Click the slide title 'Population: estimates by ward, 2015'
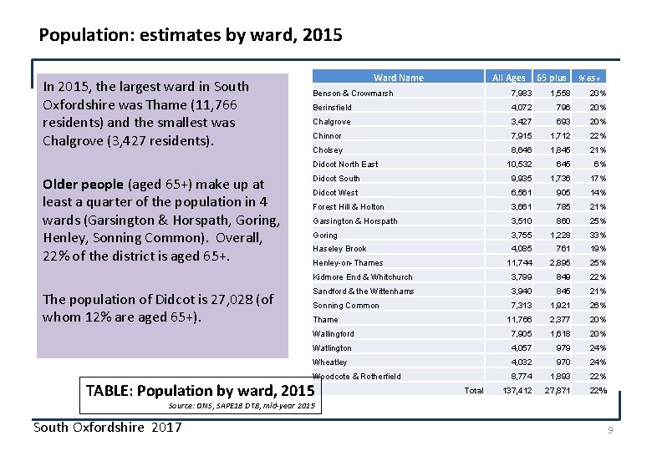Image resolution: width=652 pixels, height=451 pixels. (x=191, y=36)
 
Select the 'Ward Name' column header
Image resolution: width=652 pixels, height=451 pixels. (x=398, y=78)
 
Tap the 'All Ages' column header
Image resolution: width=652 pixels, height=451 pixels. (x=508, y=78)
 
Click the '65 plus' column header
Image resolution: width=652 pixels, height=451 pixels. (x=552, y=78)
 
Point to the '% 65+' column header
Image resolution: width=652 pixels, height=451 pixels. (x=593, y=79)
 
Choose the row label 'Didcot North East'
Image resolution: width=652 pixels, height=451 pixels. (x=345, y=165)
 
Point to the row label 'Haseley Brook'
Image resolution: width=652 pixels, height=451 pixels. (x=339, y=249)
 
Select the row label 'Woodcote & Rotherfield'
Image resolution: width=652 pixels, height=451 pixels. (x=357, y=377)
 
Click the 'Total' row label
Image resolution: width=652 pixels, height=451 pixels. (x=473, y=391)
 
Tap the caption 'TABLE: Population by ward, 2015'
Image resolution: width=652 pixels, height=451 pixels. (x=200, y=390)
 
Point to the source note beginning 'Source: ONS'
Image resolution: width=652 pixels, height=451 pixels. (x=242, y=406)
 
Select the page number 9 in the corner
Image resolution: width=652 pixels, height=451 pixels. (x=610, y=430)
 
